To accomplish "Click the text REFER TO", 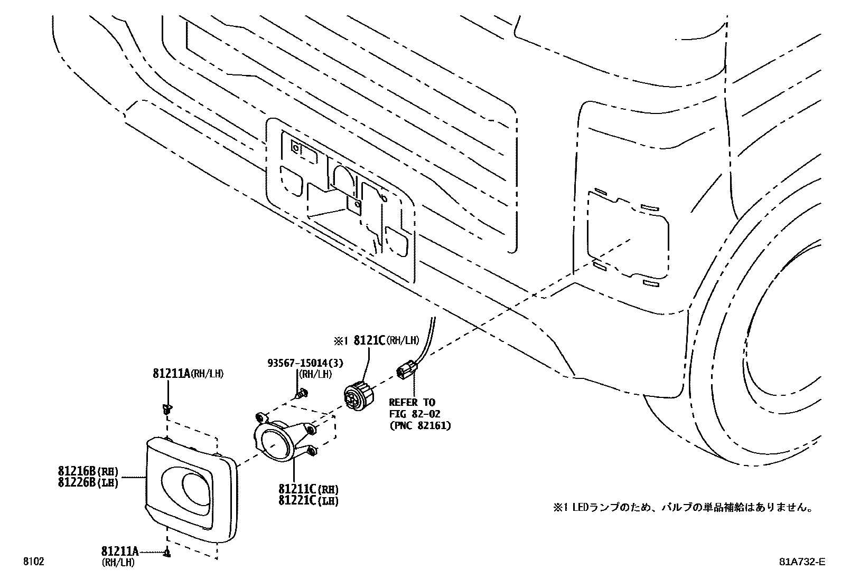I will (x=412, y=403).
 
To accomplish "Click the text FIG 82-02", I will (x=414, y=414).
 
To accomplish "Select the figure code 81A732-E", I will (x=801, y=562).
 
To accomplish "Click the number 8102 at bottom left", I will (x=33, y=562).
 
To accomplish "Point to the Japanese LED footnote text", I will (x=682, y=508).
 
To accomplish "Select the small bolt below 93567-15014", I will (x=303, y=394).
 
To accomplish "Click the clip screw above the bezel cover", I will (x=167, y=408).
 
